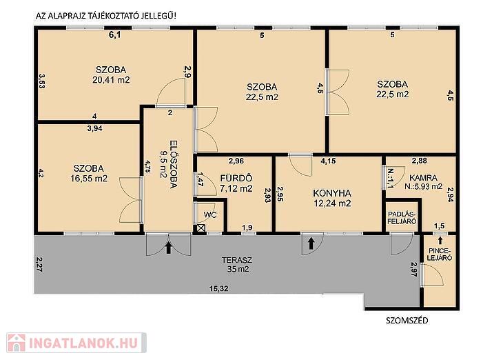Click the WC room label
tap(209, 215)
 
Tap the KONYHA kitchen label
tap(332, 193)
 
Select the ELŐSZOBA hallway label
tap(173, 163)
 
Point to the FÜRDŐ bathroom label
tap(236, 178)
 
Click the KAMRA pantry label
tap(423, 178)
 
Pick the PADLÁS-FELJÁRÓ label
tap(402, 218)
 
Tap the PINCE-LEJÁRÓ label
tap(440, 254)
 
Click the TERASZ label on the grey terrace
tap(237, 260)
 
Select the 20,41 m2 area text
tap(112, 79)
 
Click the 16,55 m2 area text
tap(89, 178)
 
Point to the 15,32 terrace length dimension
tap(219, 289)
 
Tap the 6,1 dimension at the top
tap(115, 35)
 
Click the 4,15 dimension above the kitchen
tap(328, 161)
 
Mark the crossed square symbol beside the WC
tap(201, 228)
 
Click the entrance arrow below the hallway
tap(169, 248)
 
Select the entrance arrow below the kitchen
tap(311, 243)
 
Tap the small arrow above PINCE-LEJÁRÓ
tap(440, 240)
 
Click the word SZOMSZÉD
tap(407, 321)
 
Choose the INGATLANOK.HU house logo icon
tap(17, 343)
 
